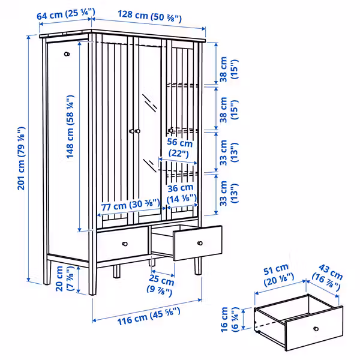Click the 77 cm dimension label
point(129,205)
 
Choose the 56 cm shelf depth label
point(180,148)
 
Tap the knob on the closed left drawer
point(125,244)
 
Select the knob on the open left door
point(67,54)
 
